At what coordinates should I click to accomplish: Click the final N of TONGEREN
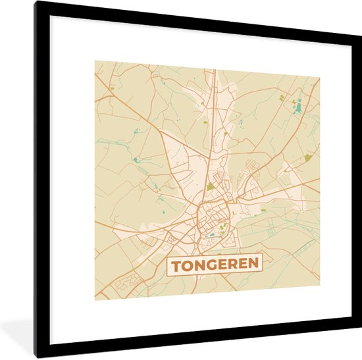254,263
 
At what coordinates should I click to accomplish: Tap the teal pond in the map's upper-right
298,105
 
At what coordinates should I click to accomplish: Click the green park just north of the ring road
210,187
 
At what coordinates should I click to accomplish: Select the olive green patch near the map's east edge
308,157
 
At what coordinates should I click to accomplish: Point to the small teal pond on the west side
136,160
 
